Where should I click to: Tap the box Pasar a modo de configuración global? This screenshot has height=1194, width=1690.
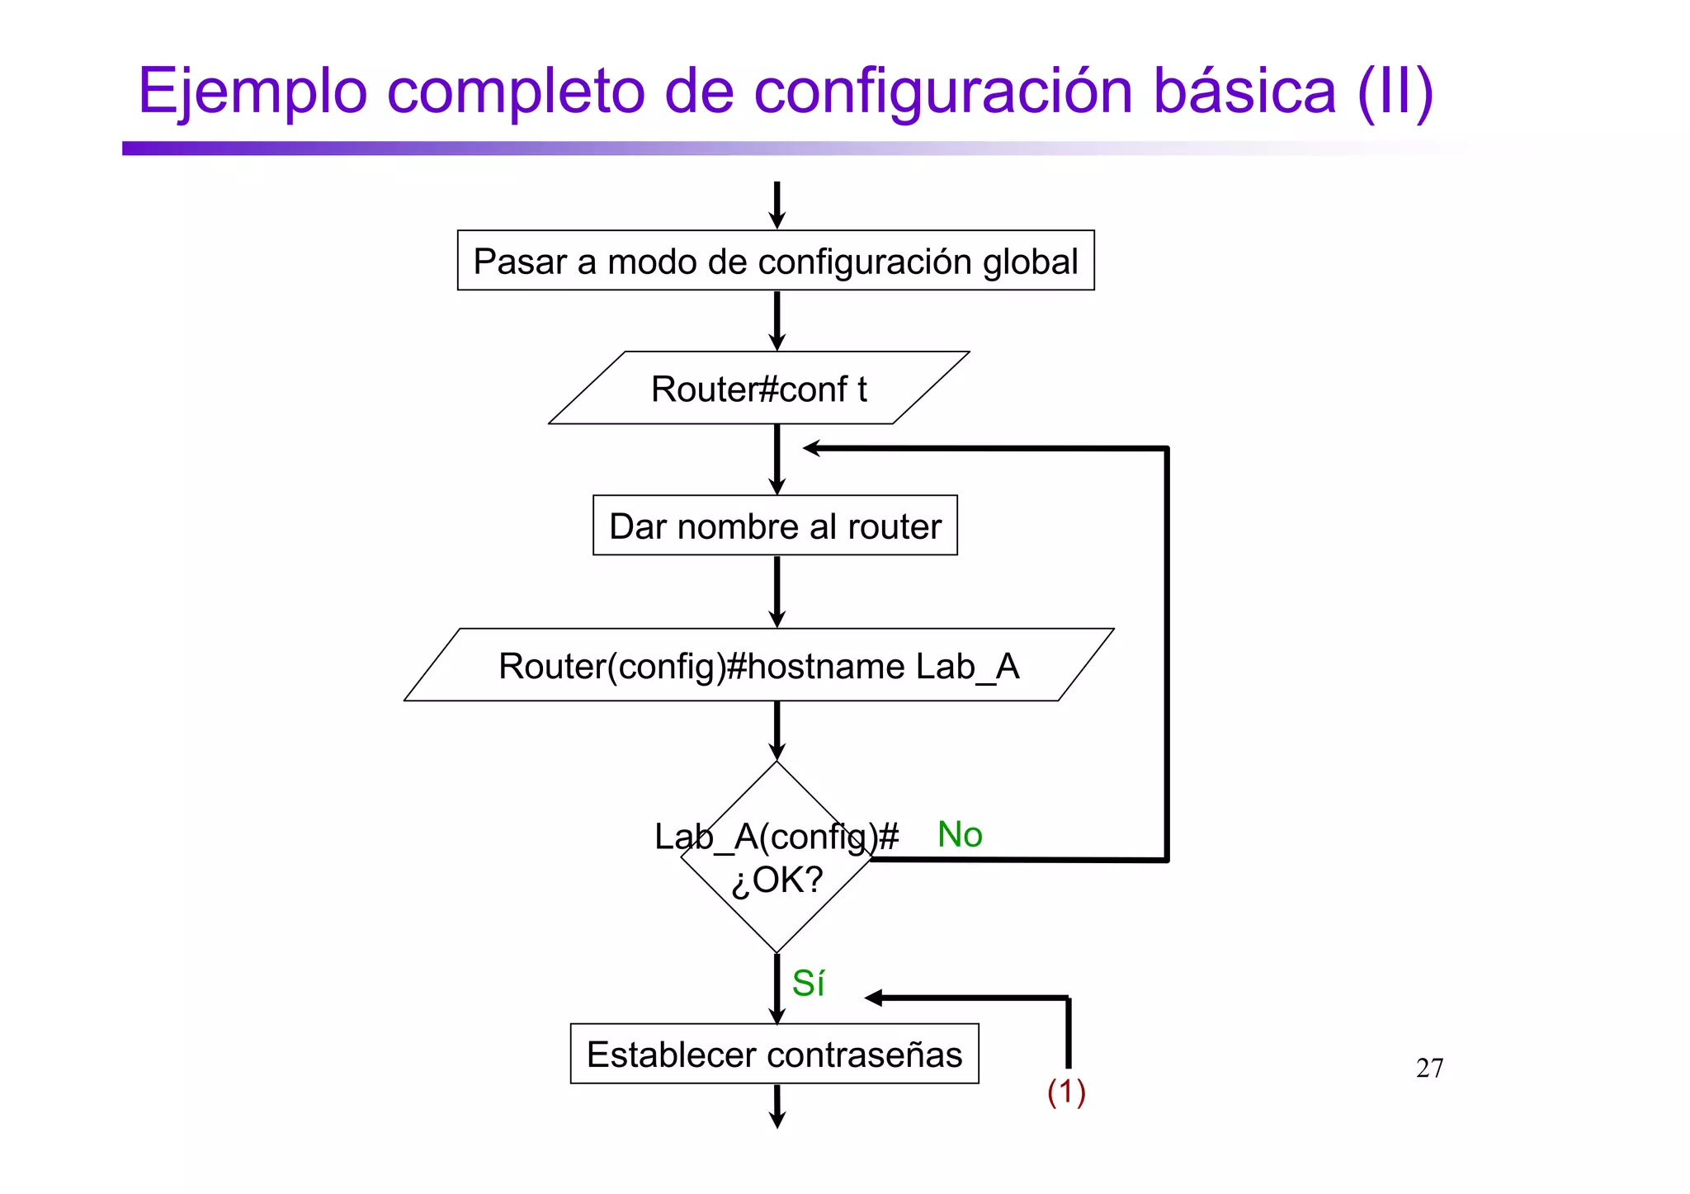point(775,261)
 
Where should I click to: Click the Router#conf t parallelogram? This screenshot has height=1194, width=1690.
point(758,389)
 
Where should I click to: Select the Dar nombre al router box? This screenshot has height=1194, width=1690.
point(775,526)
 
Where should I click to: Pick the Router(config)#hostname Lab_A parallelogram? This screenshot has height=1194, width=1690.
point(758,666)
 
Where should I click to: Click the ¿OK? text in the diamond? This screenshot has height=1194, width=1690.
point(777,880)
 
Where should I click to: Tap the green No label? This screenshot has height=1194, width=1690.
point(960,835)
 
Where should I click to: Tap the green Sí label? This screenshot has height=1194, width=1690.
point(808,984)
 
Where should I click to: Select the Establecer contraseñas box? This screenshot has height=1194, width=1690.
point(774,1055)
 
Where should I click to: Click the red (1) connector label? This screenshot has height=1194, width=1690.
point(1066,1092)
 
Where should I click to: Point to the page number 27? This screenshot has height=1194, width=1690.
point(1429,1069)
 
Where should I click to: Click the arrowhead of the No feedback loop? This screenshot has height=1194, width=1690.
point(812,448)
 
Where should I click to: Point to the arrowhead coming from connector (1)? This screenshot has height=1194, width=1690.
point(874,998)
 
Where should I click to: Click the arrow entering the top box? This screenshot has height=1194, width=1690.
point(777,206)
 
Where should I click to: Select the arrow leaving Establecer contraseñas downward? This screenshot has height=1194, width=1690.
point(777,1107)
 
